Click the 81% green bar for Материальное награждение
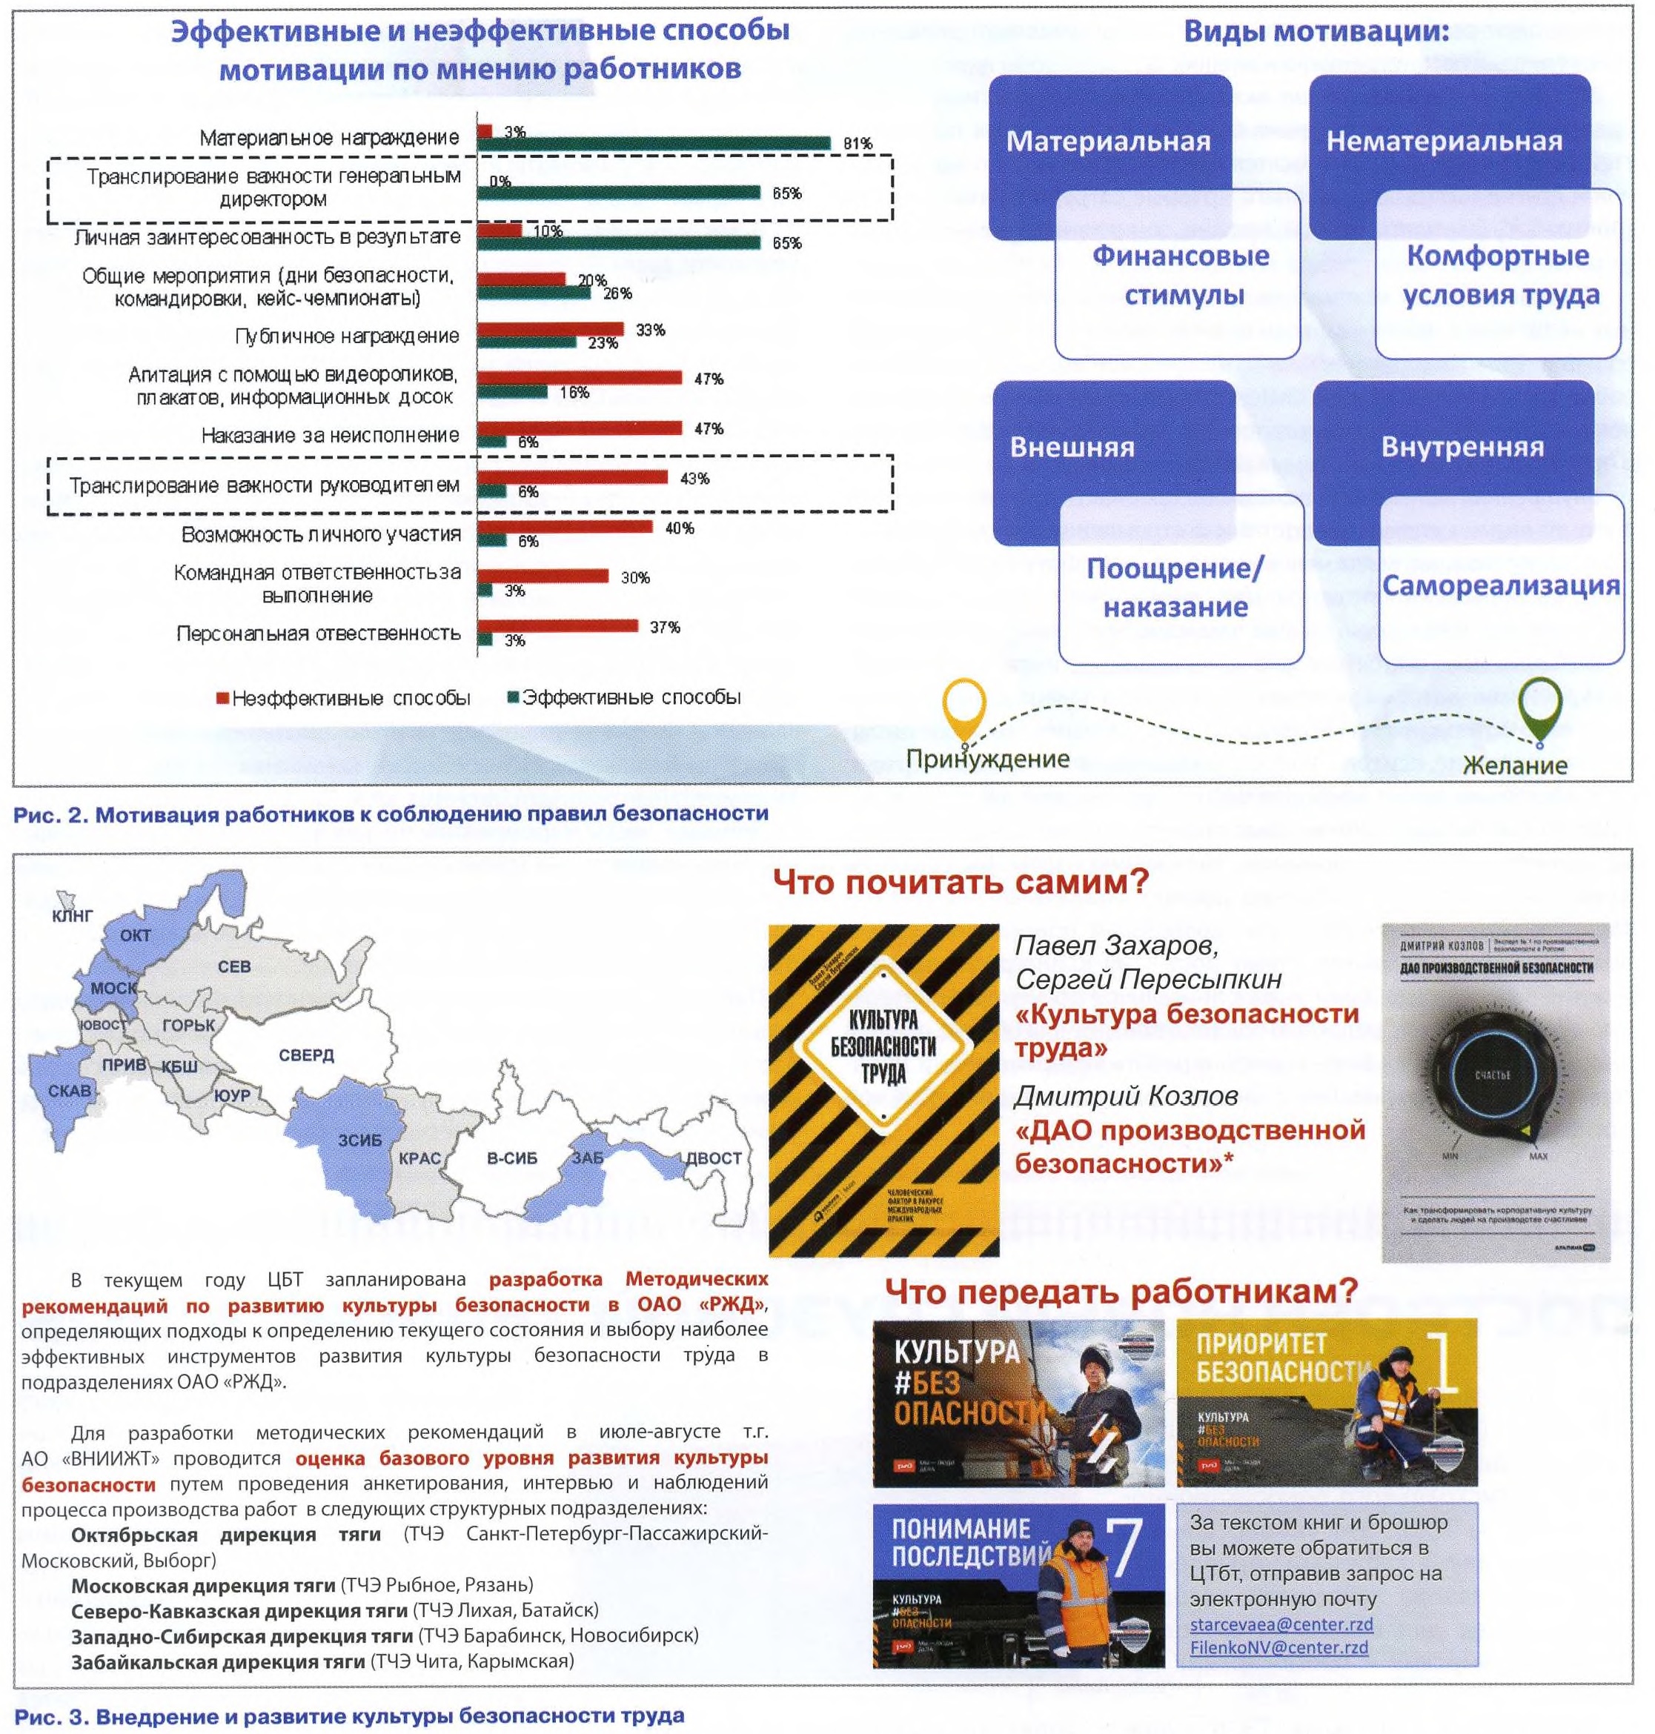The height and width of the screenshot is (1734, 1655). (x=653, y=143)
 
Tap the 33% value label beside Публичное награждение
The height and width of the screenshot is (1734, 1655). (x=650, y=330)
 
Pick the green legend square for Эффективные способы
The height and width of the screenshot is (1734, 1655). (x=513, y=697)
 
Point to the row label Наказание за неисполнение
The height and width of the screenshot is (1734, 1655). (x=330, y=436)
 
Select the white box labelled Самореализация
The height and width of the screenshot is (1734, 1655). (x=1501, y=585)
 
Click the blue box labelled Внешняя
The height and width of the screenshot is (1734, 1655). (x=1072, y=447)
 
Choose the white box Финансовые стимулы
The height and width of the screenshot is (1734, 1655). (x=1179, y=274)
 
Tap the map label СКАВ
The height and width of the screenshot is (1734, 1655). (x=70, y=1090)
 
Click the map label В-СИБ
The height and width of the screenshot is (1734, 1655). (x=511, y=1158)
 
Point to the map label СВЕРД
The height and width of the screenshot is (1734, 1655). (x=306, y=1055)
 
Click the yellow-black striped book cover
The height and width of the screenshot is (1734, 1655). (x=883, y=1090)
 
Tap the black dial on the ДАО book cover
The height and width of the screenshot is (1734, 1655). (x=1493, y=1075)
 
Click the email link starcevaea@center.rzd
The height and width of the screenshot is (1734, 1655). (x=1280, y=1624)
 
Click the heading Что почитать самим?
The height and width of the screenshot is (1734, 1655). (x=961, y=881)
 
